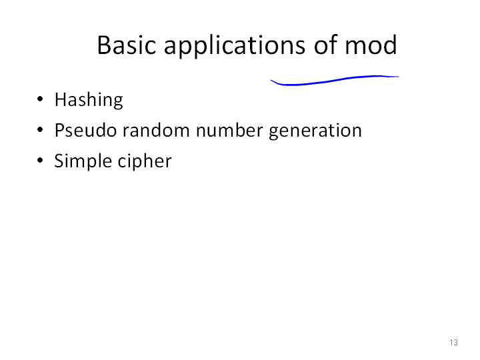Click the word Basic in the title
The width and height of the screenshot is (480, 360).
click(127, 45)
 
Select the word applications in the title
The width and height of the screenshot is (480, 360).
click(235, 46)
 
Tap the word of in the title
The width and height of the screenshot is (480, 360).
click(325, 45)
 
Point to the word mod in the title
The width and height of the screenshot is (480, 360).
click(371, 45)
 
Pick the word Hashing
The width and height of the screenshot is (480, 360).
click(89, 100)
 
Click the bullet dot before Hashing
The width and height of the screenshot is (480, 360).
click(40, 99)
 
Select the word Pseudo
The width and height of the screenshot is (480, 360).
click(85, 130)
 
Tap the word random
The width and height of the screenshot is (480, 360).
click(156, 130)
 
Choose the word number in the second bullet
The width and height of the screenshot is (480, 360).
click(229, 130)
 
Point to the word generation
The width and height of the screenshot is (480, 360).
click(315, 131)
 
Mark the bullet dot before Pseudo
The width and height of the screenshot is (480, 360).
click(40, 130)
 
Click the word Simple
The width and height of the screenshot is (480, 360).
click(83, 161)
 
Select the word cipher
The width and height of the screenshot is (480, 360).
click(145, 161)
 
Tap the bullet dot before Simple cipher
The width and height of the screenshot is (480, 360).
click(40, 161)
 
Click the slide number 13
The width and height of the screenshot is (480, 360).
click(453, 342)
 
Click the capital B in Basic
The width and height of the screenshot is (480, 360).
click(104, 45)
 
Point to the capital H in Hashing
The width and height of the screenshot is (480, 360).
click(61, 99)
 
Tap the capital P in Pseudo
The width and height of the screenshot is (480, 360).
click(60, 130)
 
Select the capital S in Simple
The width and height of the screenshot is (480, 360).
click(59, 161)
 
